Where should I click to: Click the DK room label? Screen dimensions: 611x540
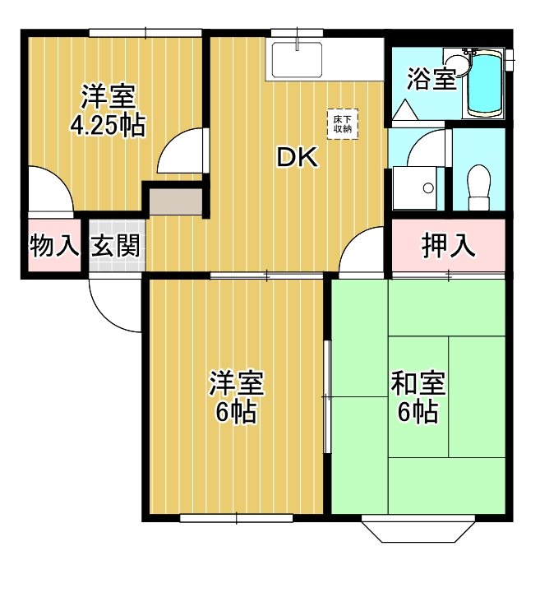[297, 157]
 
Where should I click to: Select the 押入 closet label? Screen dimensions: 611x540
[448, 245]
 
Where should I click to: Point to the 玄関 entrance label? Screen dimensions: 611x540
[115, 245]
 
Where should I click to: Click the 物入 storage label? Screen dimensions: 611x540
[53, 245]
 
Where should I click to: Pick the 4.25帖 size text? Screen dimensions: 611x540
[108, 126]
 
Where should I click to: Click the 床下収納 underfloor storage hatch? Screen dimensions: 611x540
[343, 123]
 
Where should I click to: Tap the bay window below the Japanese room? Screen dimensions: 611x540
[417, 530]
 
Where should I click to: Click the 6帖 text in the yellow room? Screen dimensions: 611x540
[236, 413]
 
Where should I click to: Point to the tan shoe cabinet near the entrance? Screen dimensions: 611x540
[175, 201]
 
